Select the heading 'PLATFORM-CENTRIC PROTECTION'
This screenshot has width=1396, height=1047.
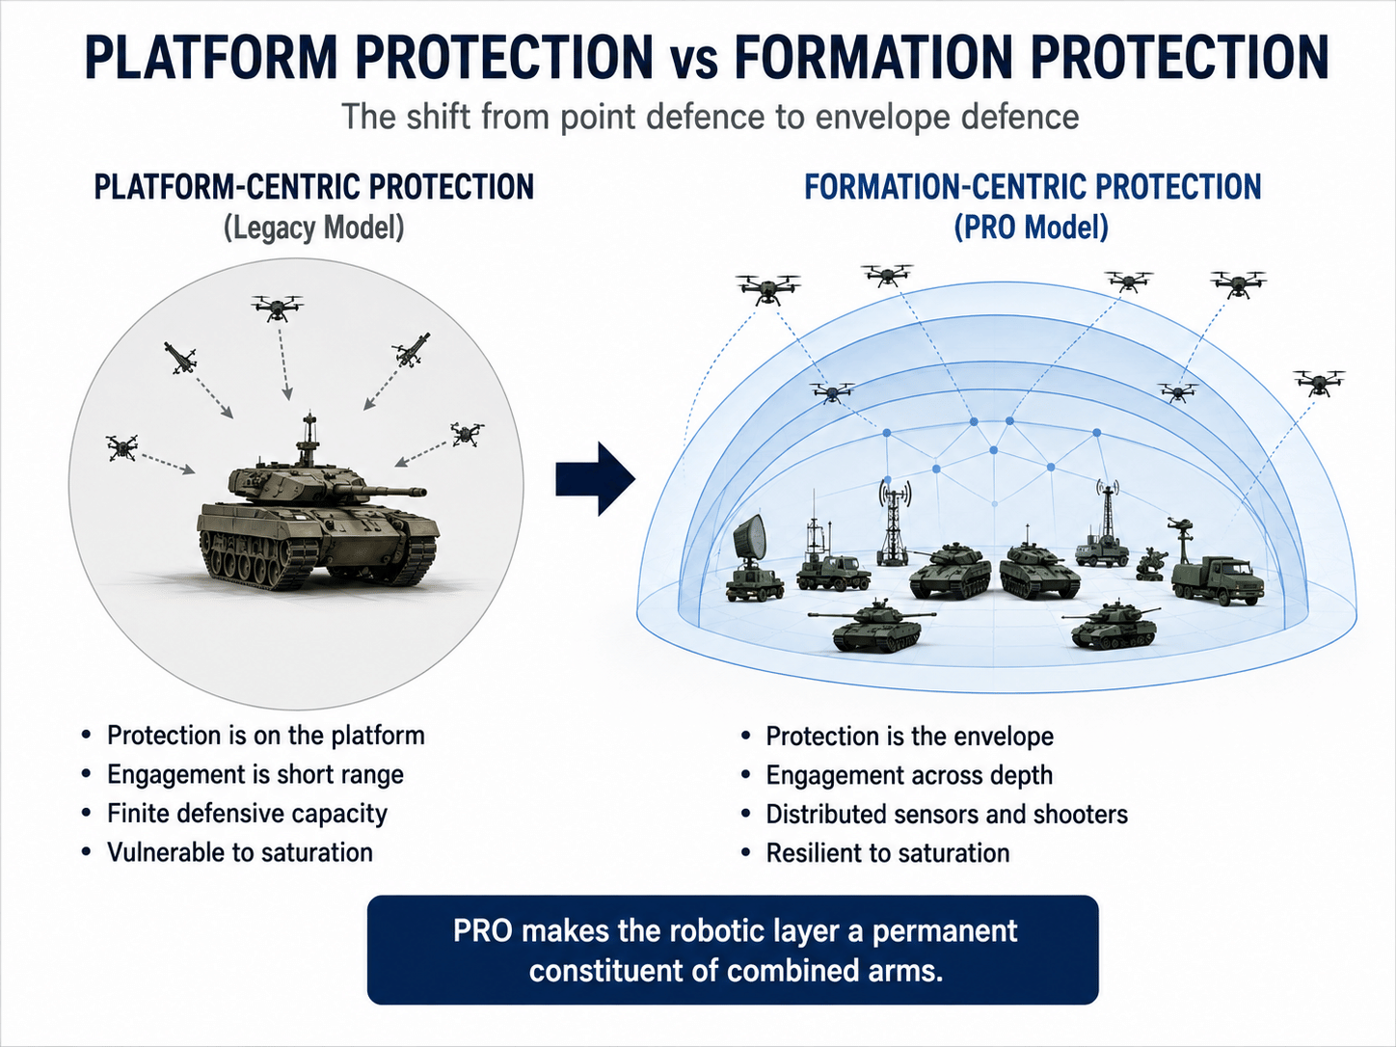click(x=314, y=187)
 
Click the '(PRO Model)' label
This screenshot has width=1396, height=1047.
click(x=1032, y=228)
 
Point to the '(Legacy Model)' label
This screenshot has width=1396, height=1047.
click(x=313, y=228)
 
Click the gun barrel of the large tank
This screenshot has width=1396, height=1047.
click(x=387, y=491)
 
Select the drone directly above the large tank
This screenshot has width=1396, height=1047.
click(x=278, y=308)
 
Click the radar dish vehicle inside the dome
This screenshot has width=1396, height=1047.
click(x=754, y=557)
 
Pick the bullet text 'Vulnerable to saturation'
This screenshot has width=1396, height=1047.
click(x=240, y=852)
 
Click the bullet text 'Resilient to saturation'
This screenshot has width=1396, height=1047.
click(x=888, y=853)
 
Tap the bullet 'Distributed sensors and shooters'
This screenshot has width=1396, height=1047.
click(x=947, y=815)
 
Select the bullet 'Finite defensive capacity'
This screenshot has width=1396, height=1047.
click(x=248, y=814)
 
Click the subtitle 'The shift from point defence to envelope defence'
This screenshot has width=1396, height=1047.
click(x=711, y=117)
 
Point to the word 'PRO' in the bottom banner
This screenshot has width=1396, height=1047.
click(x=483, y=930)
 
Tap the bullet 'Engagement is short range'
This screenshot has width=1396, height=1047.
click(x=255, y=774)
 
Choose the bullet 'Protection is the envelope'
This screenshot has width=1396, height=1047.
click(x=909, y=737)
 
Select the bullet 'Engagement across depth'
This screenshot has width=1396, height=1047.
click(x=909, y=775)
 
